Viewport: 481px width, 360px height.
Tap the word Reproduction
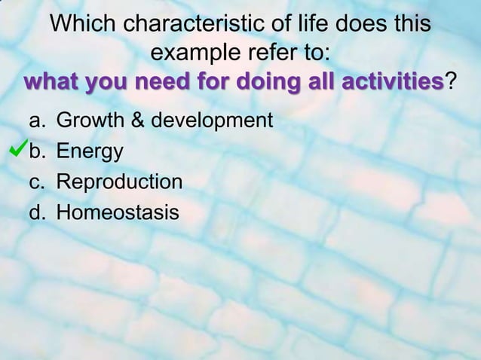pos(119,182)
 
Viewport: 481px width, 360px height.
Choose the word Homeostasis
pos(118,213)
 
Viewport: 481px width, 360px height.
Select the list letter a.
pos(35,121)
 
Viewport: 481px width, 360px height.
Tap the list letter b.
pos(35,151)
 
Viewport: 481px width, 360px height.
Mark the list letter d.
pos(35,213)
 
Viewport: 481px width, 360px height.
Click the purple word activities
pos(392,81)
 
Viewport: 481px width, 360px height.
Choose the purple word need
pos(159,81)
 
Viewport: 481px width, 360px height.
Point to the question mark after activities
pos(451,81)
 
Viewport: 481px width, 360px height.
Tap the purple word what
pos(51,81)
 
